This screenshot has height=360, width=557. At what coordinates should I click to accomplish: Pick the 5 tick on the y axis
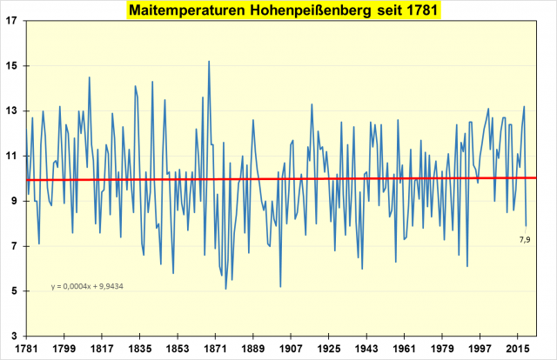(12, 291)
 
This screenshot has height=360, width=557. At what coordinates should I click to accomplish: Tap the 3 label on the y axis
(12, 336)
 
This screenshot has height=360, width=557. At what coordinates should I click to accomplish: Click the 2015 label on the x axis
(519, 348)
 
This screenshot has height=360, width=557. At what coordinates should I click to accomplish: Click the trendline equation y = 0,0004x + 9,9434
(85, 286)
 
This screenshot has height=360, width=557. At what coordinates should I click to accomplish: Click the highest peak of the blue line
(209, 62)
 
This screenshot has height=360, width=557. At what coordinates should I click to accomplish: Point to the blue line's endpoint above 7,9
(526, 225)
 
